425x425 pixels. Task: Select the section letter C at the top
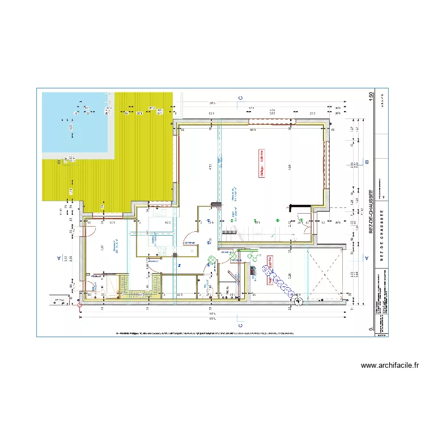[x=240, y=98]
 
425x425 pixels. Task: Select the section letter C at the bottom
[x=240, y=326]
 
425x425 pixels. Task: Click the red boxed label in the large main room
[x=262, y=163]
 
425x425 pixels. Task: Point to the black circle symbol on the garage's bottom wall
[x=298, y=301]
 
